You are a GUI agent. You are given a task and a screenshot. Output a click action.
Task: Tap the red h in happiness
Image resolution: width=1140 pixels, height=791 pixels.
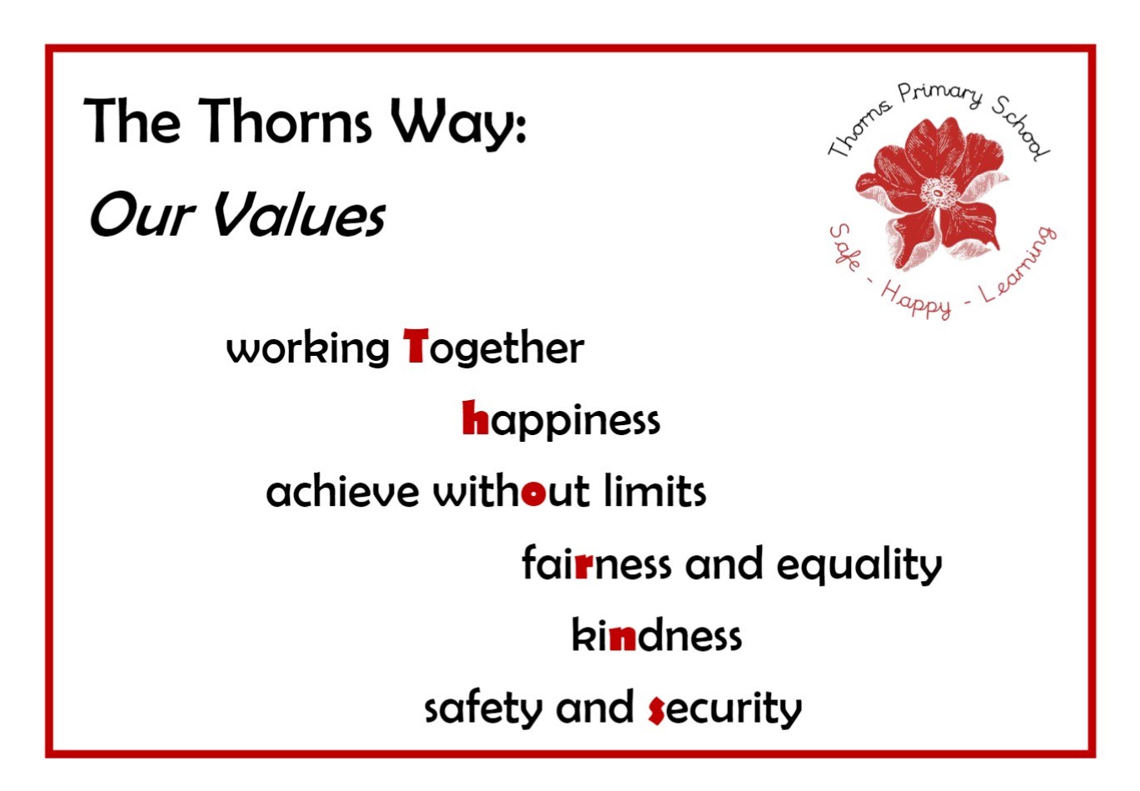point(475,417)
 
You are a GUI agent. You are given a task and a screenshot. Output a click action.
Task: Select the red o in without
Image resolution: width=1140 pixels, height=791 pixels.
point(533,493)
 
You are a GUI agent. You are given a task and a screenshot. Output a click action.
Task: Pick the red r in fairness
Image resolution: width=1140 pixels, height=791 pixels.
point(584,566)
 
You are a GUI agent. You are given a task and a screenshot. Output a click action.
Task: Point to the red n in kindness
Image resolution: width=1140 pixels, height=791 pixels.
point(622,638)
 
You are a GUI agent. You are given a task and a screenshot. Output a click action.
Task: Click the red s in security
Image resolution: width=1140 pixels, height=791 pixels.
point(656,710)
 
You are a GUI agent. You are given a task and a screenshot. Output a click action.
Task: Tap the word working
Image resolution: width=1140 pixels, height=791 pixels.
point(307,349)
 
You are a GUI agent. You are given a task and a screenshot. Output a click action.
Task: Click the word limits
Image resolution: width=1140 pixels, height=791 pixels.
point(655,491)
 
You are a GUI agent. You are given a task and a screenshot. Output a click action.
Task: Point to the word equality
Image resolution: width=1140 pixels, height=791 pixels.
point(859,566)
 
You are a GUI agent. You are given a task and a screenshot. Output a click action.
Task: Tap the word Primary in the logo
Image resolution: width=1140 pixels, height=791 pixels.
point(939,93)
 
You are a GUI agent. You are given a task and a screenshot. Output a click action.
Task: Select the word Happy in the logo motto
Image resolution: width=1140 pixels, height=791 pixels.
point(915,302)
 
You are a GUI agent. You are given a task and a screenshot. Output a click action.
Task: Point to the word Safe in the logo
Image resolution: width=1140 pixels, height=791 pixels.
point(845,247)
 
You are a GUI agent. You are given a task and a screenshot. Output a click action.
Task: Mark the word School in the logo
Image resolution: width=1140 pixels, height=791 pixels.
point(1020,128)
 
